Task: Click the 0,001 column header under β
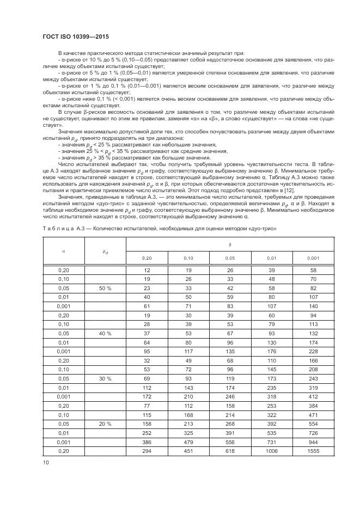pyautogui.click(x=313, y=257)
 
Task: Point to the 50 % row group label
pyautogui.click(x=105, y=288)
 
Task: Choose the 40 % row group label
pyautogui.click(x=105, y=333)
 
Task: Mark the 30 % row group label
pyautogui.click(x=105, y=378)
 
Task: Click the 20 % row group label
pyautogui.click(x=105, y=423)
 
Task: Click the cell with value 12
pyautogui.click(x=147, y=270)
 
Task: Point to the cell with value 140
pyautogui.click(x=313, y=306)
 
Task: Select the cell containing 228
pyautogui.click(x=313, y=351)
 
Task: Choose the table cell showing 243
pyautogui.click(x=313, y=378)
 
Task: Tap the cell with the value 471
pyautogui.click(x=313, y=414)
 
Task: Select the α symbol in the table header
pyautogui.click(x=64, y=251)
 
